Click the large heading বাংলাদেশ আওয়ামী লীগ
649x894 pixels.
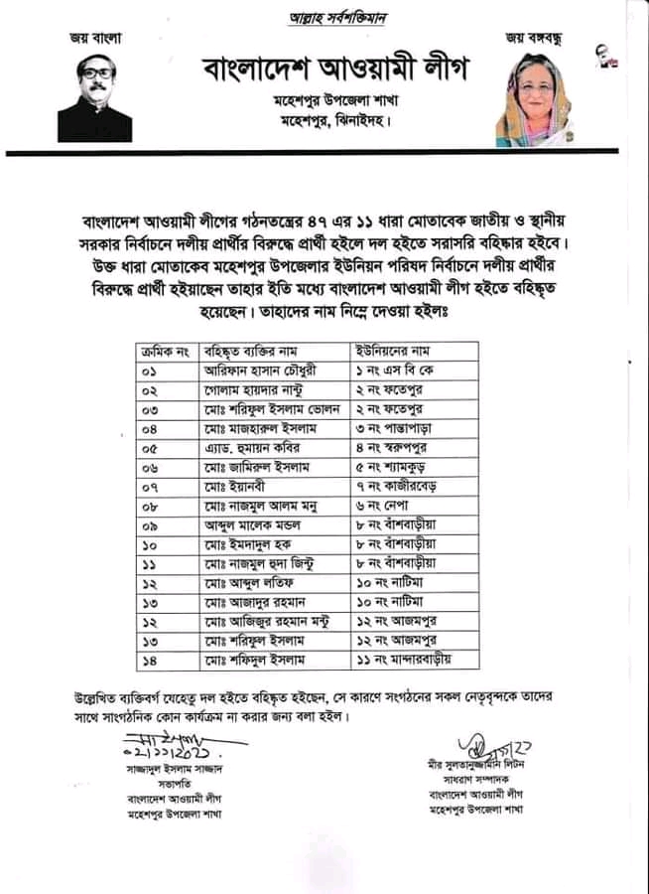[333, 71]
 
